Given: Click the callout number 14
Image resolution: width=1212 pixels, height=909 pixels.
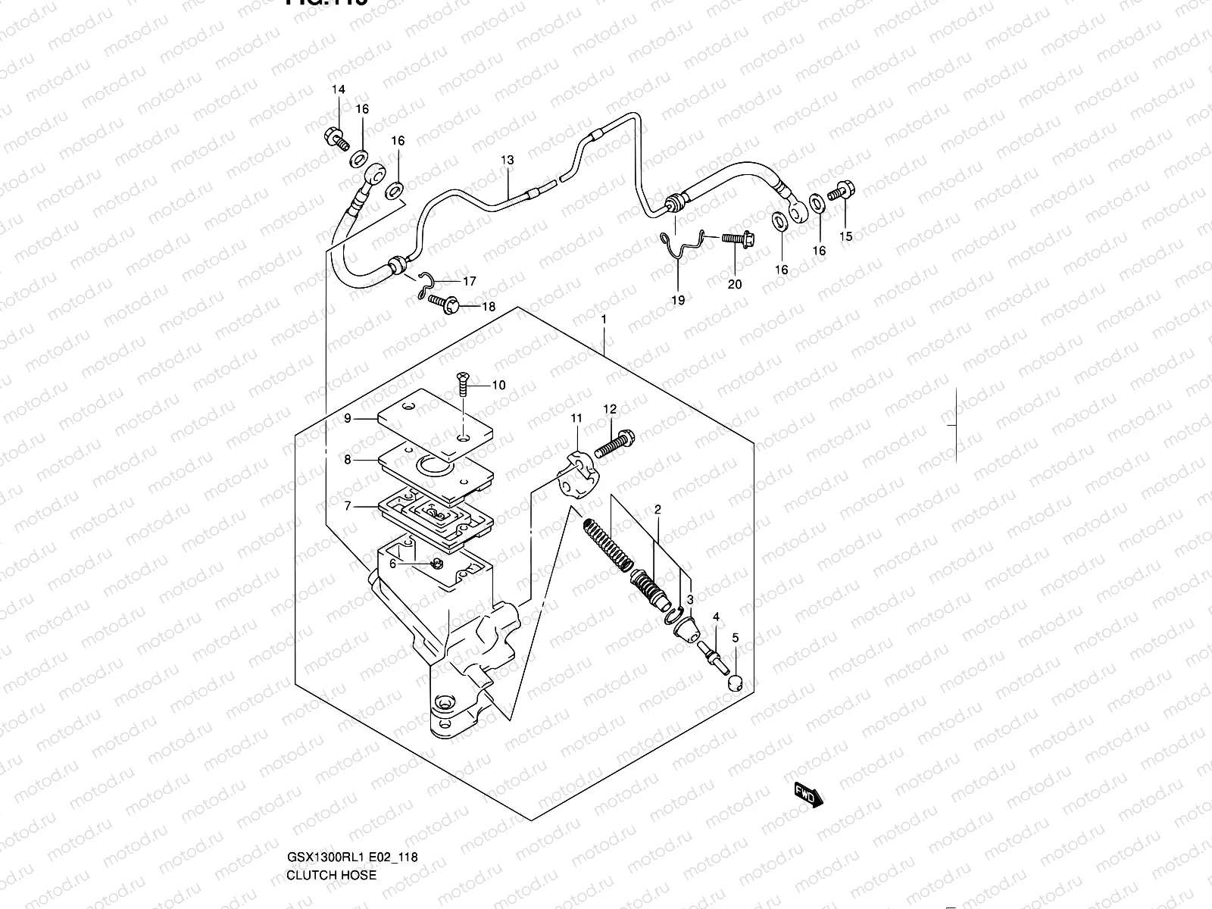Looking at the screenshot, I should [338, 89].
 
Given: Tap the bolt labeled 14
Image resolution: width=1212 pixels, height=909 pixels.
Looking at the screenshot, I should [336, 139].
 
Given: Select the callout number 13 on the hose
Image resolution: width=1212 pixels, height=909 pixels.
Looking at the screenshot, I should [507, 160].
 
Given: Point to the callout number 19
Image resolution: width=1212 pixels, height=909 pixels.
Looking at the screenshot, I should [678, 300].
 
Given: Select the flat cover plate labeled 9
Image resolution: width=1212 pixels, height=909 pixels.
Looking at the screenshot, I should [434, 424].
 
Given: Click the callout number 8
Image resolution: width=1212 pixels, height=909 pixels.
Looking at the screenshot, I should [348, 459].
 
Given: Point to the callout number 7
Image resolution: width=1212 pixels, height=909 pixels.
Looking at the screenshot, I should [348, 506].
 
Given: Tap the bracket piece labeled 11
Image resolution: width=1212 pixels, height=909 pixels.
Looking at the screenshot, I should [575, 472].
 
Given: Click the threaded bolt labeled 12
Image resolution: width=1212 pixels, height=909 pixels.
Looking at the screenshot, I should [614, 442].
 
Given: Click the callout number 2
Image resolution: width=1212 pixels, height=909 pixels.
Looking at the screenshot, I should [658, 510].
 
